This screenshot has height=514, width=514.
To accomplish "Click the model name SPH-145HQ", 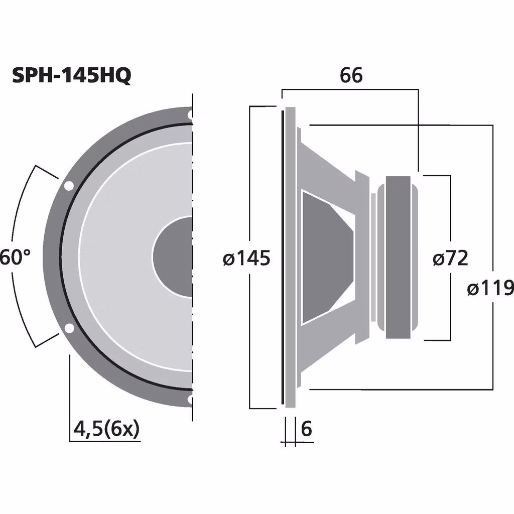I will point(71,76).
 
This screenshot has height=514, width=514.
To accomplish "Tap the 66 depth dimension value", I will point(350,75).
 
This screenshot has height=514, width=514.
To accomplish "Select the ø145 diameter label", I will point(246,259).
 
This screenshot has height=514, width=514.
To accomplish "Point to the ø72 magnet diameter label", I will point(450,259).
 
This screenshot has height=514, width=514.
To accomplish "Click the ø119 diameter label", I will point(490,289).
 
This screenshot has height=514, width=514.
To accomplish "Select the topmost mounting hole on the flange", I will point(190,115).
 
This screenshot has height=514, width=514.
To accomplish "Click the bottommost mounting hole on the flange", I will point(190,400).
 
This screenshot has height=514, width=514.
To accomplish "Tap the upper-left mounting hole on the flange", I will point(68,186).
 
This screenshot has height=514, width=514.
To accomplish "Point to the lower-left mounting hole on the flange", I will point(68,329).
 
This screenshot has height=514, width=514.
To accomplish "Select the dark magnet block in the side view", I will point(400,257).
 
